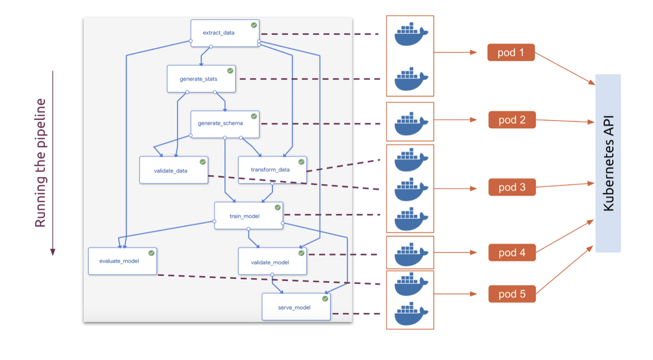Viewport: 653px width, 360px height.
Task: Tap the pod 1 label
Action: pyautogui.click(x=511, y=52)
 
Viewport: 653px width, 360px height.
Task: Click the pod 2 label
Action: pyautogui.click(x=512, y=120)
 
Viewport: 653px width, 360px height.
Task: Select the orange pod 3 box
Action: pyautogui.click(x=512, y=187)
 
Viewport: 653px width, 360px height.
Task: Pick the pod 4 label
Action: pyautogui.click(x=512, y=253)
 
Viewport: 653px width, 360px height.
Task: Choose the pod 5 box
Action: pyautogui.click(x=512, y=294)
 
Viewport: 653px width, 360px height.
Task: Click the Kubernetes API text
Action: pyautogui.click(x=608, y=163)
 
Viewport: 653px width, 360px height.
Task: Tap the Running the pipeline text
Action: pyautogui.click(x=40, y=163)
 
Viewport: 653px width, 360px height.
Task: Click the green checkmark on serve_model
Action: pyautogui.click(x=325, y=299)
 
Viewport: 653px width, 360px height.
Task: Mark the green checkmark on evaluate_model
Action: pyautogui.click(x=152, y=253)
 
